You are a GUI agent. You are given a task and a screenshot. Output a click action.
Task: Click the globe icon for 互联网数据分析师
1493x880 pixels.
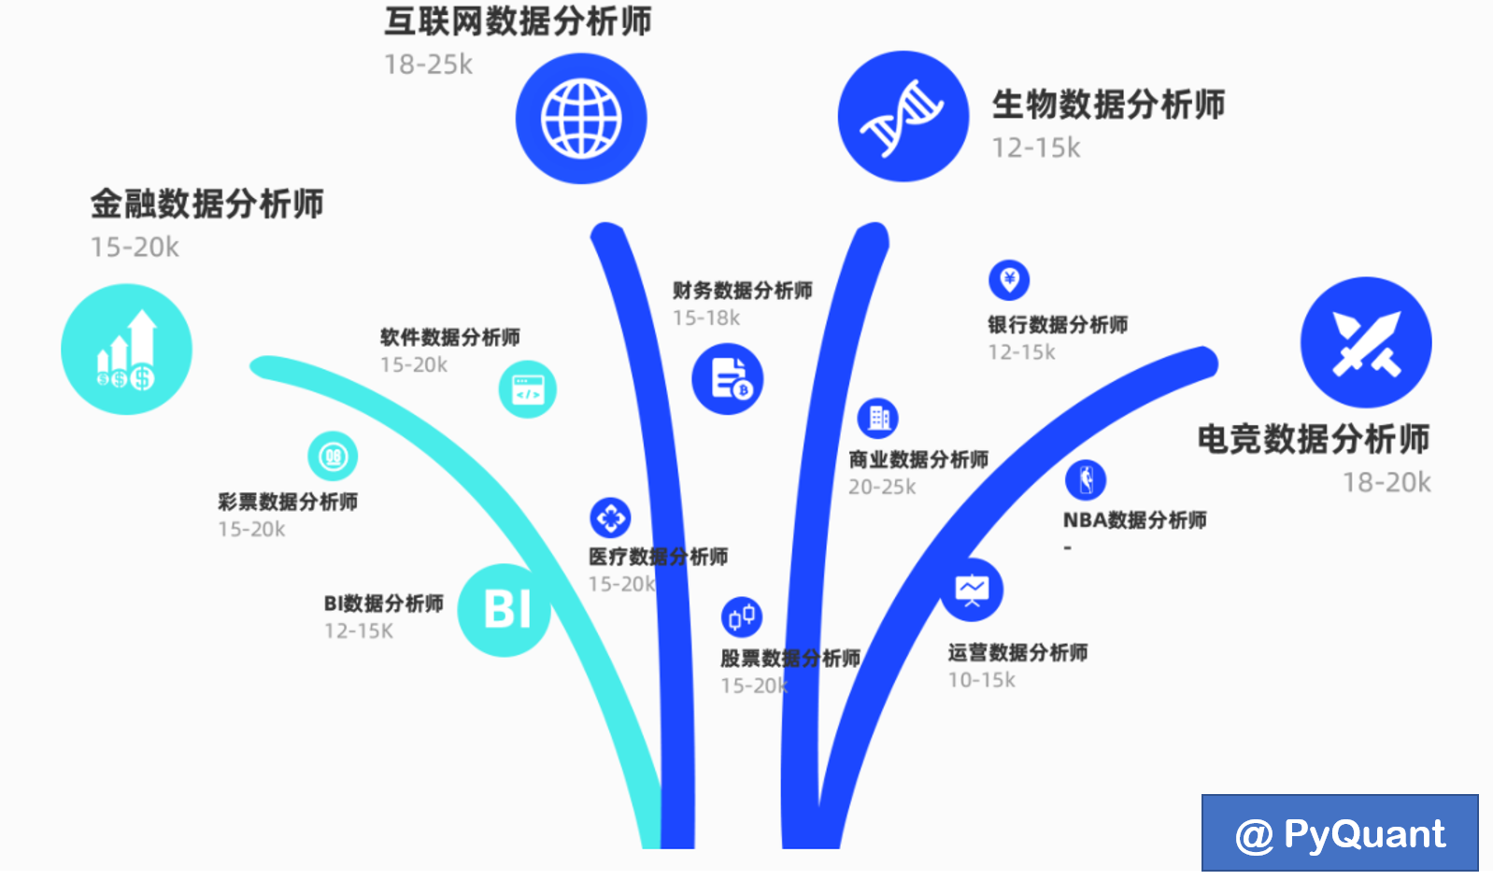coord(581,119)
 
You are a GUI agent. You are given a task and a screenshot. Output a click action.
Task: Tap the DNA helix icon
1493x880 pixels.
coord(903,117)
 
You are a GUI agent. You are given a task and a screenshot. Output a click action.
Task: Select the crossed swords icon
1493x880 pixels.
coord(1365,343)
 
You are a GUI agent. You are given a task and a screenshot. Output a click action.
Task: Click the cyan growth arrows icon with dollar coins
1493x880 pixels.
coord(126,349)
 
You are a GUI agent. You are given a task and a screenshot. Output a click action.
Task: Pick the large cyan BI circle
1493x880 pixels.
coord(505,609)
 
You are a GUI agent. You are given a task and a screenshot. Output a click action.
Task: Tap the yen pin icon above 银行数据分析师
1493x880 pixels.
coord(1009,279)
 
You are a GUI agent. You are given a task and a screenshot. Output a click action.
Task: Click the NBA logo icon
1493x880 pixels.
coord(1086,480)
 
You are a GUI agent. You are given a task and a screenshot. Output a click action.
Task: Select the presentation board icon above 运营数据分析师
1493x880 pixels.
coord(972,589)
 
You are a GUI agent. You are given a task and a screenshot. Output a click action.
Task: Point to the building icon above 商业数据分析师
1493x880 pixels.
coord(878,418)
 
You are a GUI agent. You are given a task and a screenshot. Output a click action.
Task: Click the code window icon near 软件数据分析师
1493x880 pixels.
coord(528,390)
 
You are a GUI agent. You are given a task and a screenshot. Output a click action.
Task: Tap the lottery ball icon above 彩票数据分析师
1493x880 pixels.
coord(333,457)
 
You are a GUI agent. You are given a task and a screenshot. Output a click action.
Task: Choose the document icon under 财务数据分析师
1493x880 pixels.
coord(728,379)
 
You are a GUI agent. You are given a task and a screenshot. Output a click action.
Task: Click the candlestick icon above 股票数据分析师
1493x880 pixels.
coord(742,617)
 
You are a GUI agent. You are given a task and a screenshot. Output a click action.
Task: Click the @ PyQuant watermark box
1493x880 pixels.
coord(1340,833)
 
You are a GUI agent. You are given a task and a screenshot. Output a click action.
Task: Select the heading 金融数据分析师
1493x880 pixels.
coord(207,204)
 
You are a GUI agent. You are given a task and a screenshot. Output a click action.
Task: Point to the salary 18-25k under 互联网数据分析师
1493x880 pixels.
coord(428,64)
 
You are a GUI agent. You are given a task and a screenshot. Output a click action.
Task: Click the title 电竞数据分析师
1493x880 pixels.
coord(1314,439)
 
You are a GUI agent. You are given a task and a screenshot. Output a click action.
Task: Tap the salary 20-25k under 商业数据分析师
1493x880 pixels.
coord(882,487)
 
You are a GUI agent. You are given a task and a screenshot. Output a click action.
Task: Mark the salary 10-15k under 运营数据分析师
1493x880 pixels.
coord(981,680)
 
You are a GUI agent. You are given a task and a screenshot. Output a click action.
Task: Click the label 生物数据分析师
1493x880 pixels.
coord(1108,105)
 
